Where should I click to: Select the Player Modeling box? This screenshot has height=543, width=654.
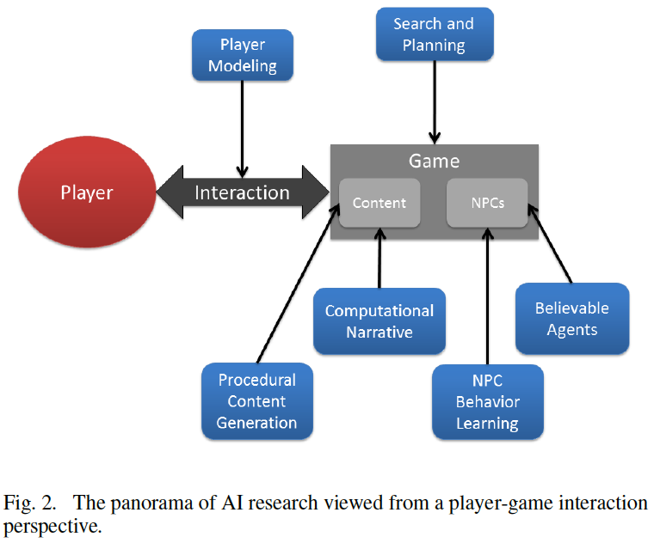(243, 54)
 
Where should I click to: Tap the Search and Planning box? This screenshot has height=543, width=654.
(435, 34)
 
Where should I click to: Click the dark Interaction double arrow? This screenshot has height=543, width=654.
(242, 192)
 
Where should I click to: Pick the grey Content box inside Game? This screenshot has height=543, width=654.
(379, 204)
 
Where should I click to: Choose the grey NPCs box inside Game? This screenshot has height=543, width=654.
(487, 204)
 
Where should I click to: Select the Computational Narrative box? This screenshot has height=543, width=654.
(379, 320)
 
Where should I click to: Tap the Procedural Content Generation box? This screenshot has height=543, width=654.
(256, 400)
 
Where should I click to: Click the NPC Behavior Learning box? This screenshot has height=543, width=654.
(487, 400)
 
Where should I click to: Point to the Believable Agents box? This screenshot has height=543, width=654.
(571, 318)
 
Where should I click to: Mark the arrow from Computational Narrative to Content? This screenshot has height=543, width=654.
(379, 258)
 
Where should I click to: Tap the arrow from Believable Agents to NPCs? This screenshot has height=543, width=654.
(551, 245)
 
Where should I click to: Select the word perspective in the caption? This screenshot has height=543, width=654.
(52, 525)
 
